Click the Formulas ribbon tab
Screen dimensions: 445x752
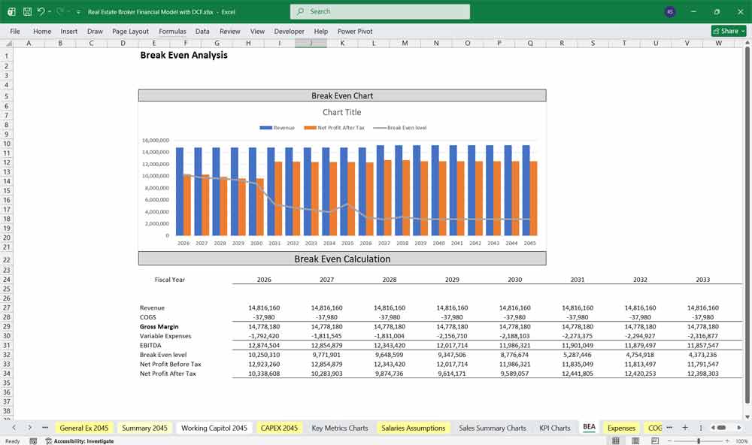[x=172, y=32]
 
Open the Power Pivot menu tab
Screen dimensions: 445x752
[x=355, y=32]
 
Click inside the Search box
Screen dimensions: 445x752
[x=380, y=11]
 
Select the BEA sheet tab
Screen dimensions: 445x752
[x=589, y=427]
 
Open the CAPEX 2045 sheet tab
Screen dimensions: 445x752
[x=278, y=428]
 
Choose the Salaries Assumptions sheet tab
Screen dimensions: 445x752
[x=414, y=428]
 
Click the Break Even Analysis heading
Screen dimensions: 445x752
[x=183, y=56]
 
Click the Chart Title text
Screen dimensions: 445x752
[x=342, y=112]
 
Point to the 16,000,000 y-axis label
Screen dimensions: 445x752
[x=155, y=141]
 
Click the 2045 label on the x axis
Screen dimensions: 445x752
[x=530, y=243]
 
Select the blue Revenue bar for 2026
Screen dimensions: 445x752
[x=180, y=192]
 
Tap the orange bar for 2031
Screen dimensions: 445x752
[x=278, y=198]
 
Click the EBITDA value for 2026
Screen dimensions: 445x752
[x=264, y=345]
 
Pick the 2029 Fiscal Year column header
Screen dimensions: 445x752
[x=452, y=280]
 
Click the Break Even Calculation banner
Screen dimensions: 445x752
[x=342, y=259]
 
